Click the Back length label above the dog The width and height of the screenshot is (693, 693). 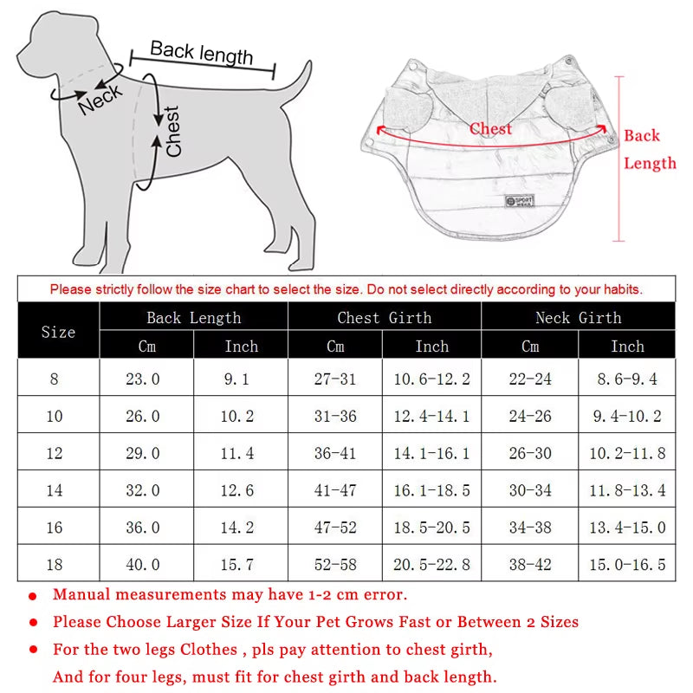pos(201,53)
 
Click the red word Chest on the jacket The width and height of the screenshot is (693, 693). pos(490,129)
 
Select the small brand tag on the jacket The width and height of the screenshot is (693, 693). pos(520,202)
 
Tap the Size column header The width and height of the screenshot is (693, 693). pos(58,332)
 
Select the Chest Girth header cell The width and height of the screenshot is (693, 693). pos(384,318)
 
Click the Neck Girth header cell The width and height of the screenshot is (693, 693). pos(578,318)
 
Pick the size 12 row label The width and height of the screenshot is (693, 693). pos(55,453)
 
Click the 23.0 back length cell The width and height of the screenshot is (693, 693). pos(143,379)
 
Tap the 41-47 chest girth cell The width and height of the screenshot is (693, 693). pos(335,490)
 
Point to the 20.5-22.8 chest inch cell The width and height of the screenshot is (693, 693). pos(431,565)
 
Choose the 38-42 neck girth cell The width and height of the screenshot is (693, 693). pos(530,565)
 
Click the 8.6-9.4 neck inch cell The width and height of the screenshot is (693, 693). pos(625,379)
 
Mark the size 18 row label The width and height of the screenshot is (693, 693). pos(55,565)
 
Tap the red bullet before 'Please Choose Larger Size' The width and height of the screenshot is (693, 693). pos(33,623)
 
